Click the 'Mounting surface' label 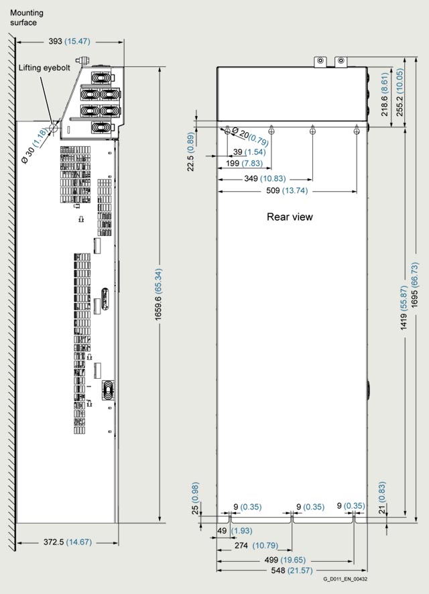pyautogui.click(x=27, y=17)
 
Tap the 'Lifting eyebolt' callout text pyautogui.click(x=44, y=68)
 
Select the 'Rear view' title pyautogui.click(x=290, y=217)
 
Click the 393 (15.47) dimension pyautogui.click(x=69, y=42)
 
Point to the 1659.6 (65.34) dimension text pyautogui.click(x=158, y=294)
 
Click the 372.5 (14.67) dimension pyautogui.click(x=68, y=542)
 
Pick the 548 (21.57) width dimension pyautogui.click(x=292, y=570)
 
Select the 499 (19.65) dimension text pyautogui.click(x=285, y=560)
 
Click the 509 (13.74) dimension pyautogui.click(x=287, y=190)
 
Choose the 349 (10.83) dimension pyautogui.click(x=265, y=178)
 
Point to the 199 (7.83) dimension pyautogui.click(x=244, y=164)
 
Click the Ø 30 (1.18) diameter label pyautogui.click(x=34, y=145)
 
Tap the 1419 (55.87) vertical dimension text pyautogui.click(x=404, y=307)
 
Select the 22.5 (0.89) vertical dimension pyautogui.click(x=191, y=152)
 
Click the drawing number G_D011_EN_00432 pyautogui.click(x=345, y=579)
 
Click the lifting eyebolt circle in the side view pyautogui.click(x=54, y=129)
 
